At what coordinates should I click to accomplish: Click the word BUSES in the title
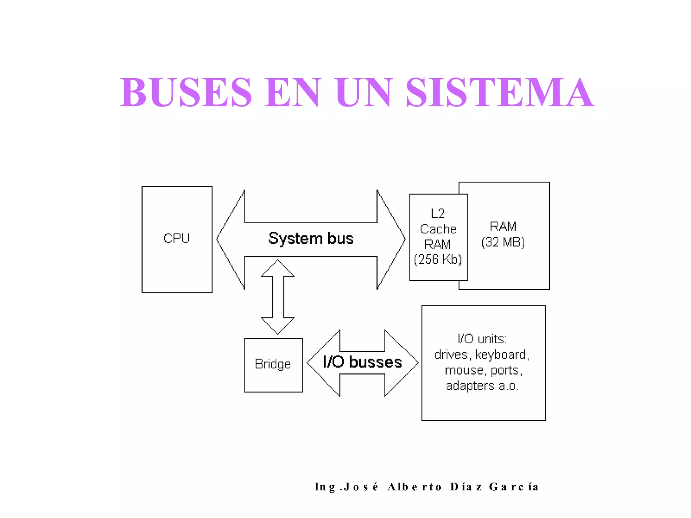click(x=186, y=92)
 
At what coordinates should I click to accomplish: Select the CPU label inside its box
click(x=176, y=238)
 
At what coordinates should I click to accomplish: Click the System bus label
click(x=311, y=238)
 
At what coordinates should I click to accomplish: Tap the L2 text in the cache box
click(x=438, y=213)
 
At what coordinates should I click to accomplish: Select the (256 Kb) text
click(x=438, y=259)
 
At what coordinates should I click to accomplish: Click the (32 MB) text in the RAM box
click(x=503, y=242)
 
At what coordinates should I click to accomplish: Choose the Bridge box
click(x=273, y=365)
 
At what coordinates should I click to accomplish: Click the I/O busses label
click(x=362, y=362)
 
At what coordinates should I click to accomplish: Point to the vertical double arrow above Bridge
click(x=278, y=297)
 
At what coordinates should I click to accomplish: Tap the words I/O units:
click(x=482, y=339)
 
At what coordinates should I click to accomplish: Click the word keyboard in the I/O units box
click(x=502, y=355)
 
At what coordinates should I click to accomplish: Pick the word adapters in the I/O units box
click(x=470, y=386)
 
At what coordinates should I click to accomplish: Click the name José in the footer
click(x=361, y=487)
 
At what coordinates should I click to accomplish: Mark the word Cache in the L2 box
click(x=438, y=229)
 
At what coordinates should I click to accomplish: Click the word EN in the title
click(x=292, y=92)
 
